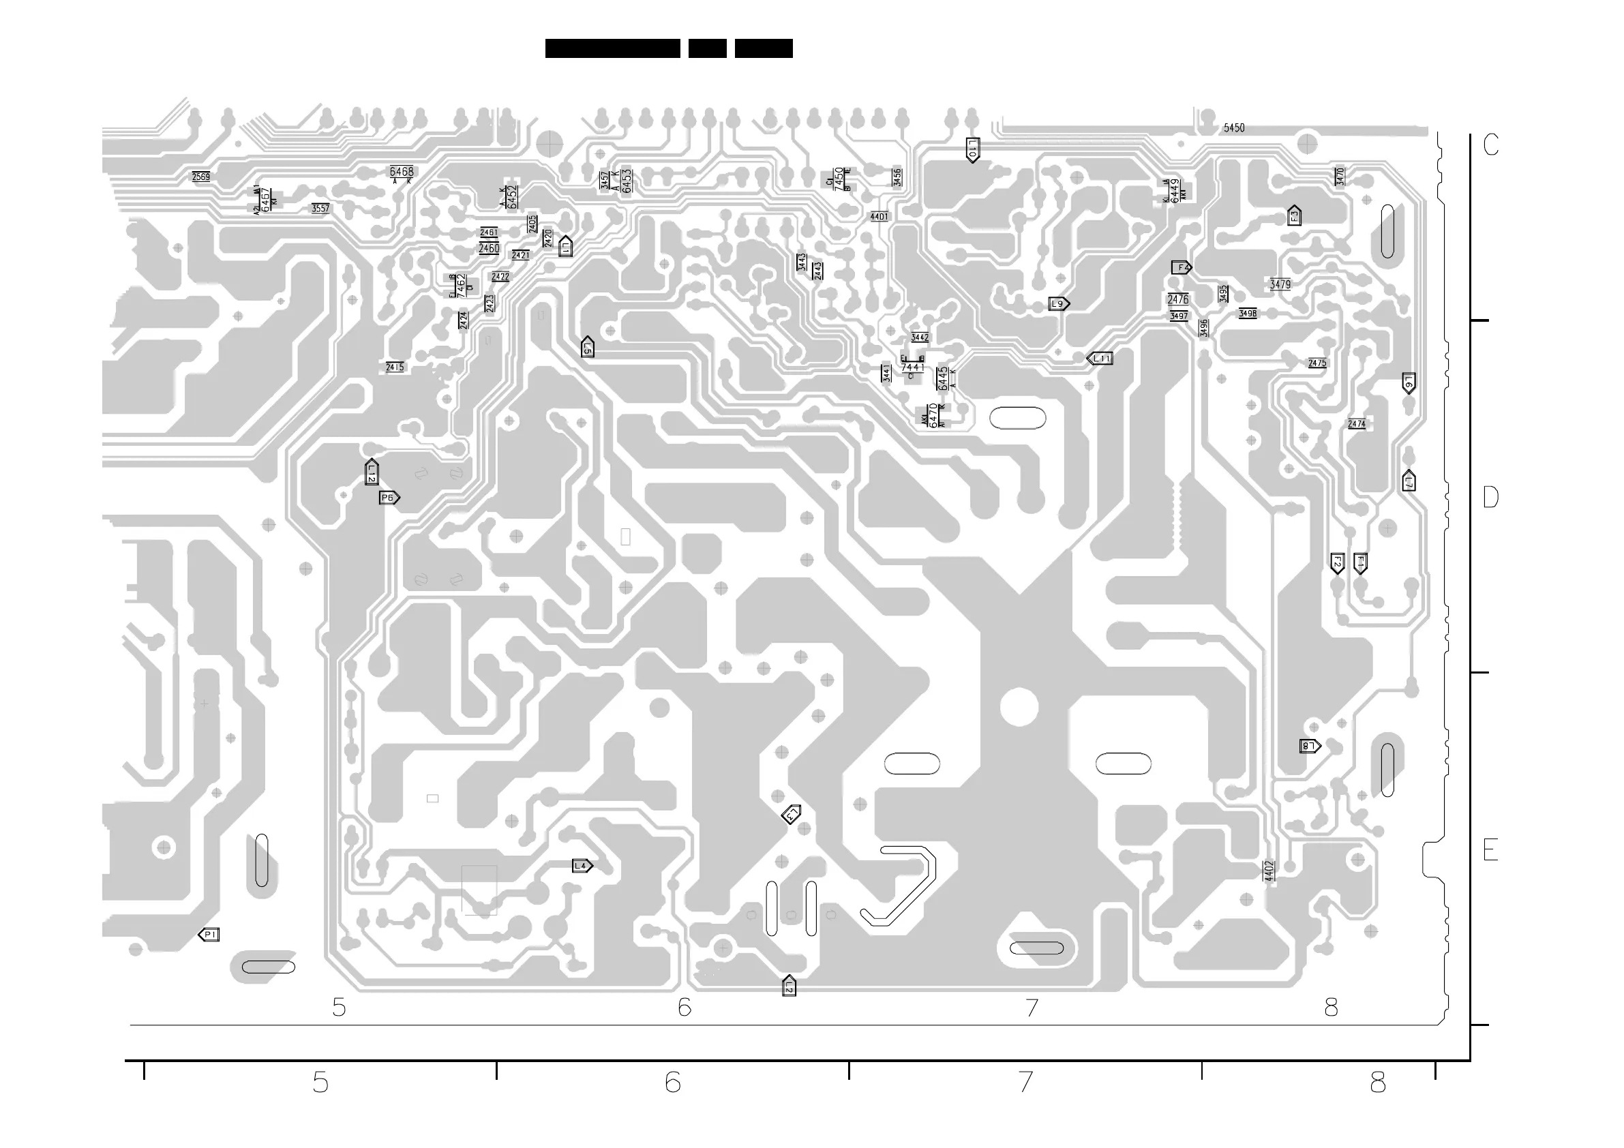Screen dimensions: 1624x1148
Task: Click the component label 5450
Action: (1233, 128)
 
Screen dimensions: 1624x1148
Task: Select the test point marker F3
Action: (1294, 215)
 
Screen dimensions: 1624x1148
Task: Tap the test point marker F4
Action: (1182, 267)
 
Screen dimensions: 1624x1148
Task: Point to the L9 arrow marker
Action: (1058, 304)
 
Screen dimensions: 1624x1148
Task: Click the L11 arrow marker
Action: (1100, 359)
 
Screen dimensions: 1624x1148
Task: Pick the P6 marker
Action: (389, 498)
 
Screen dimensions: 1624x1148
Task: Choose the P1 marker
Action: (209, 935)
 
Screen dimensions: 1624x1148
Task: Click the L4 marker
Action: (582, 866)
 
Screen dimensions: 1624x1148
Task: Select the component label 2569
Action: (201, 177)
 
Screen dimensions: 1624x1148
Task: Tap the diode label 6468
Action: (402, 172)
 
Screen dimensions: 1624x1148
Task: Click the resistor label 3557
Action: (320, 209)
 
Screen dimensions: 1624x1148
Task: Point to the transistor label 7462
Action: (461, 285)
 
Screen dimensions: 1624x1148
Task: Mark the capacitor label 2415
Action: (395, 367)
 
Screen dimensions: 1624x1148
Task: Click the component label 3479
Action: (1280, 284)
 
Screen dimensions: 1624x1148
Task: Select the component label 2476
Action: (1177, 299)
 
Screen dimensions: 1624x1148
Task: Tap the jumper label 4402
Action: (1269, 871)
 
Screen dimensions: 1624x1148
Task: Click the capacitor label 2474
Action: (1357, 425)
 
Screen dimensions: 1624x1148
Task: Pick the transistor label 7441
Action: (912, 368)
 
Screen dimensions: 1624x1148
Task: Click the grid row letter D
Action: (1490, 497)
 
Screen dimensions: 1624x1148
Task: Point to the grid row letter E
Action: (1490, 849)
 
